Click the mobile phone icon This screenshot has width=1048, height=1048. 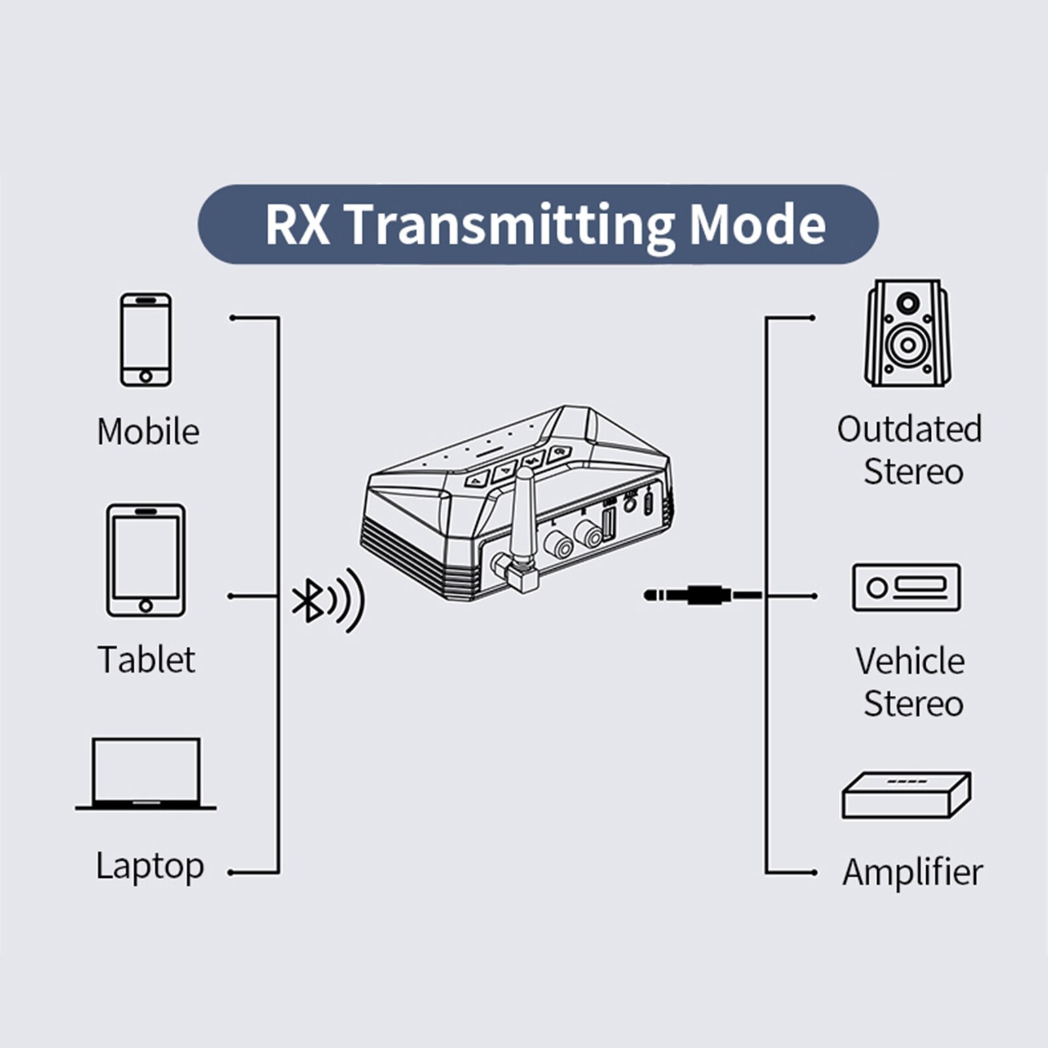pyautogui.click(x=145, y=339)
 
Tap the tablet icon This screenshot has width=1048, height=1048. pyautogui.click(x=145, y=560)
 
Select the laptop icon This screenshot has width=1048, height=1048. pyautogui.click(x=145, y=774)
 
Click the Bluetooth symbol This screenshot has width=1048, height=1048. pyautogui.click(x=306, y=600)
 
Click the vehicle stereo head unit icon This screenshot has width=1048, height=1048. pyautogui.click(x=907, y=587)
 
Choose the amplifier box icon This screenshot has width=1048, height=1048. pyautogui.click(x=907, y=795)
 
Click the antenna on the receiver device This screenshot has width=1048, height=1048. pyautogui.click(x=524, y=517)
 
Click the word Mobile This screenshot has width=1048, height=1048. pyautogui.click(x=148, y=432)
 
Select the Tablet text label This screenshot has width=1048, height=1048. pyautogui.click(x=147, y=659)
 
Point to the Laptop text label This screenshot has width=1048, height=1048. pyautogui.click(x=150, y=866)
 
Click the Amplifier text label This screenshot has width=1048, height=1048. pyautogui.click(x=912, y=873)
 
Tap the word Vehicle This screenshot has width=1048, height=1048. pyautogui.click(x=910, y=661)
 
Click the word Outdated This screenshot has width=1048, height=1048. pyautogui.click(x=909, y=429)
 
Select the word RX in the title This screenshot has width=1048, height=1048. pyautogui.click(x=297, y=225)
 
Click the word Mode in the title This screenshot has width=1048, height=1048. pyautogui.click(x=757, y=225)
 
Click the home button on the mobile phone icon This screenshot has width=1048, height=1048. pyautogui.click(x=145, y=376)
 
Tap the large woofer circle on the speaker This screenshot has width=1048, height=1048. pyautogui.click(x=908, y=344)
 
